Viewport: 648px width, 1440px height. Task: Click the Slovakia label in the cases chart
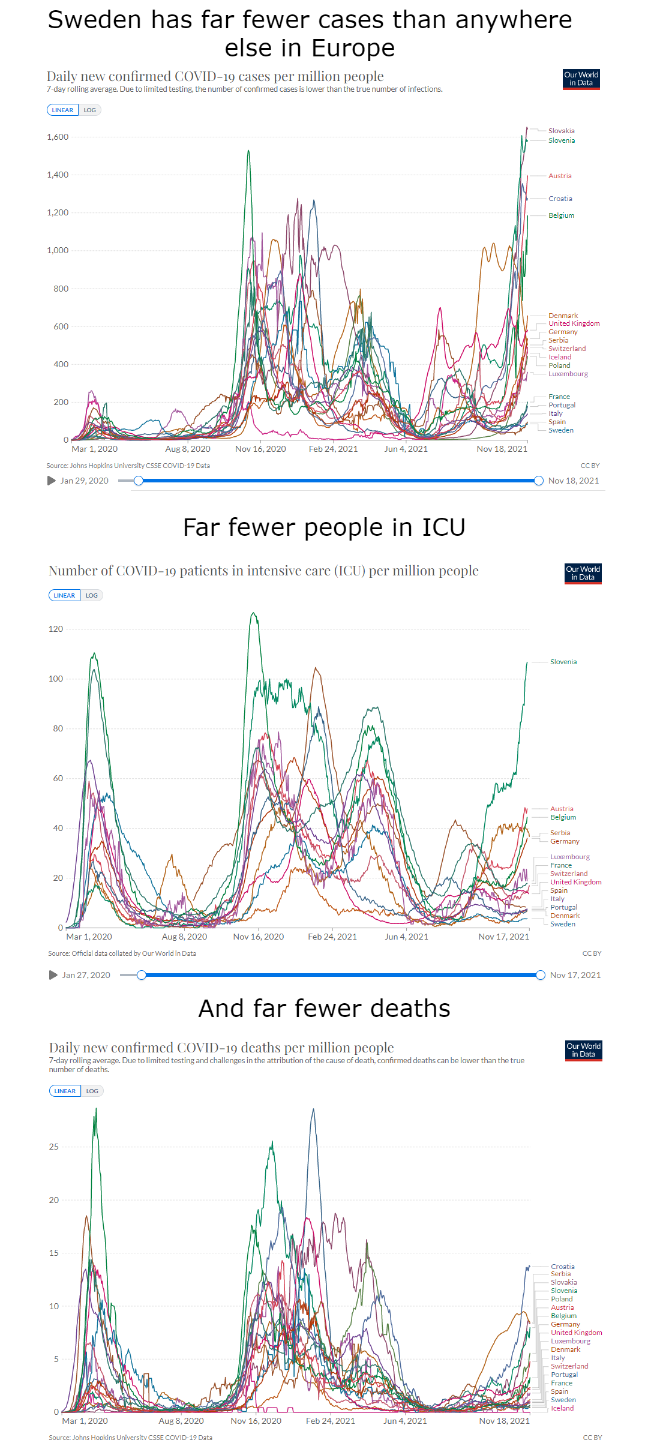561,131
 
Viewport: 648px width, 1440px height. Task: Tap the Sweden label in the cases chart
560,430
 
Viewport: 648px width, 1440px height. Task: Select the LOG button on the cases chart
90,110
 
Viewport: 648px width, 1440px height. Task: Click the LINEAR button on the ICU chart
64,595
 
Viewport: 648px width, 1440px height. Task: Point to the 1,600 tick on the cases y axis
58,137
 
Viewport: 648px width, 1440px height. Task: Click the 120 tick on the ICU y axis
56,629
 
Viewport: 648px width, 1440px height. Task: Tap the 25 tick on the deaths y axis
54,1147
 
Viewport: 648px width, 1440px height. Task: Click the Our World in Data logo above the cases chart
581,79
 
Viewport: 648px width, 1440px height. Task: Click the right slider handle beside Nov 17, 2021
541,975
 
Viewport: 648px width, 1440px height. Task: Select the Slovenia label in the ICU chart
563,662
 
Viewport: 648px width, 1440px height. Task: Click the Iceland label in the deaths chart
562,1408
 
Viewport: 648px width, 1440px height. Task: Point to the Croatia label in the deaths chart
563,1267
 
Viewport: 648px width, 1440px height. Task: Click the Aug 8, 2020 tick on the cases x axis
188,449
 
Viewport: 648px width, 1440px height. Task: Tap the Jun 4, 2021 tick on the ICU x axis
406,937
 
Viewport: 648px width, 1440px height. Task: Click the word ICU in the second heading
443,527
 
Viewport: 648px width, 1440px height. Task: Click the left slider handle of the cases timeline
139,481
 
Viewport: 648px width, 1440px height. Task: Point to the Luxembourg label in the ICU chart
570,857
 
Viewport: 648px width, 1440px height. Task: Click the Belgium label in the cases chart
561,215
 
